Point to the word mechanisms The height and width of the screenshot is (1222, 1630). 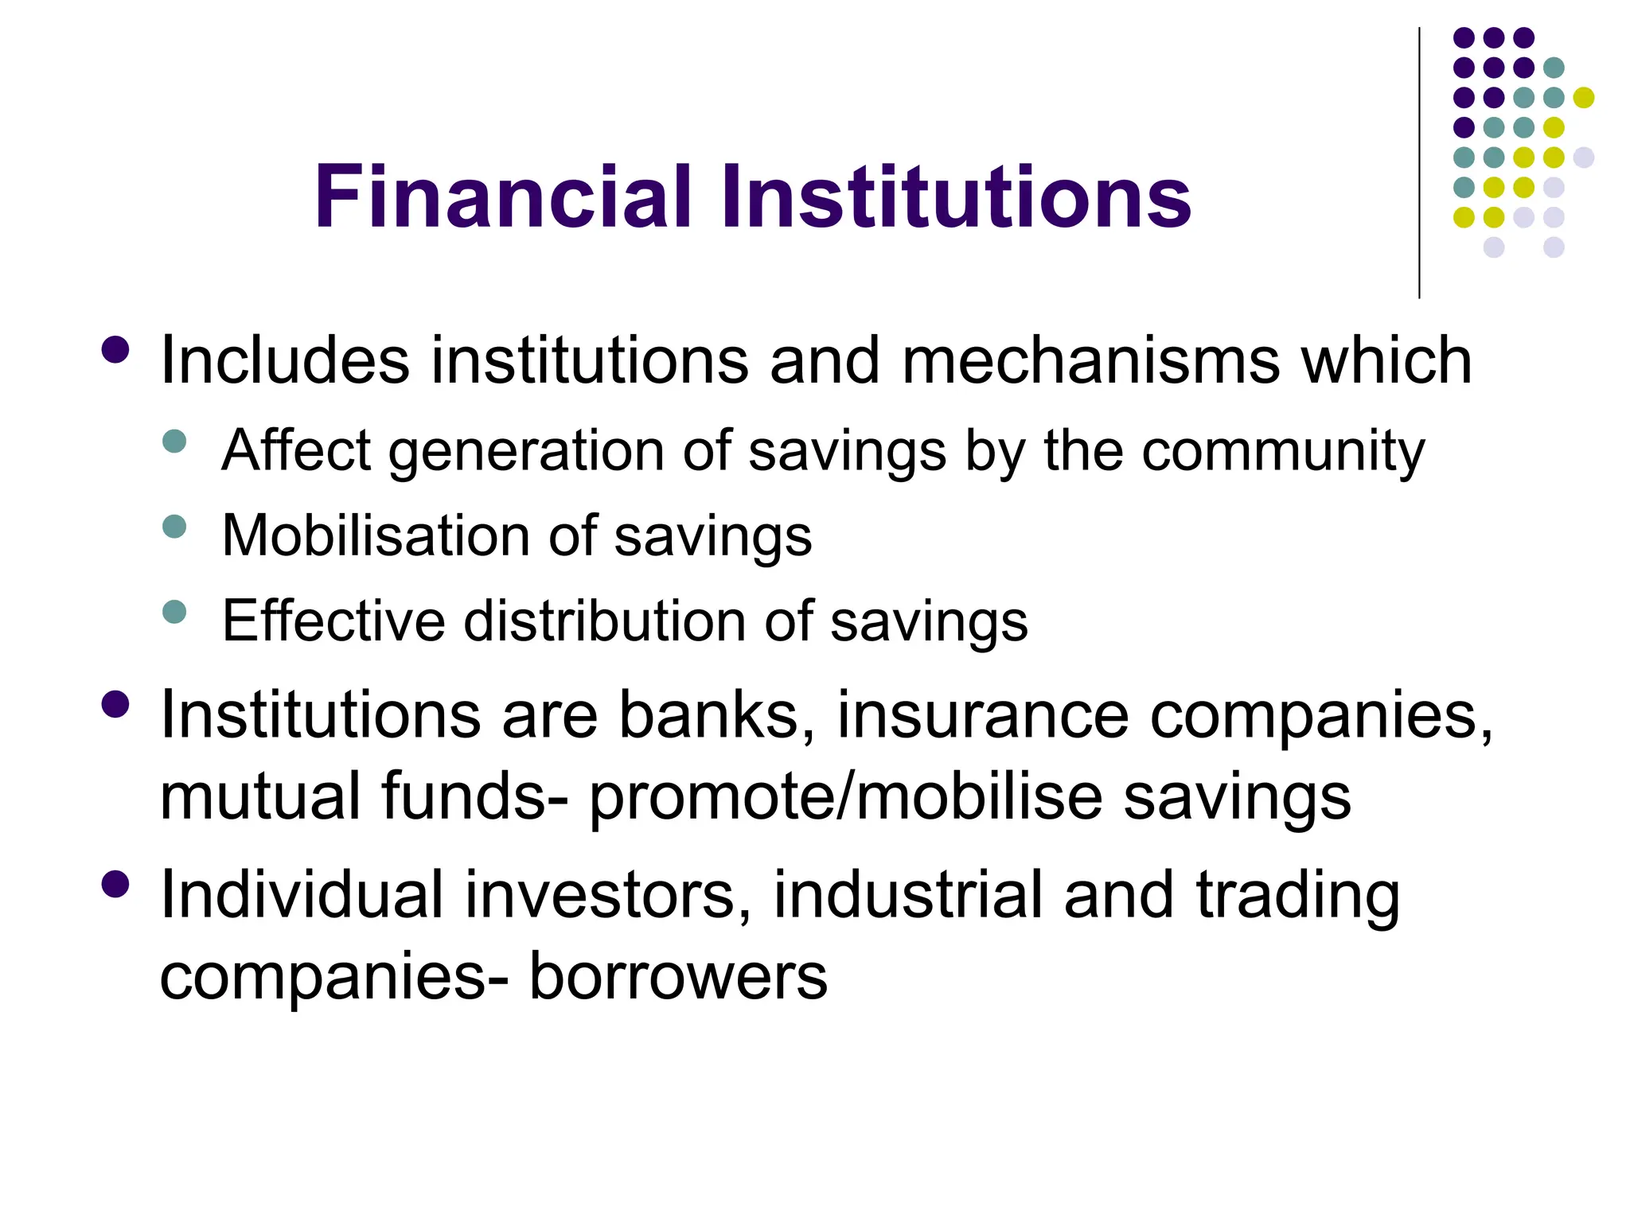(1091, 360)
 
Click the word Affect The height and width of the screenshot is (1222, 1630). (296, 450)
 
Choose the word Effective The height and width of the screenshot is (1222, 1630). (333, 620)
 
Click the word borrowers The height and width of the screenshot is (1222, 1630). (678, 976)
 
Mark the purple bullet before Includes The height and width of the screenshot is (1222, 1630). (116, 350)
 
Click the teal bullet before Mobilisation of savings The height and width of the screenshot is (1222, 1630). (174, 527)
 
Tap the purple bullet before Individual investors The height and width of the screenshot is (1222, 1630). (116, 884)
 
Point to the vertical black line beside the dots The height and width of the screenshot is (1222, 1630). (1419, 163)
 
